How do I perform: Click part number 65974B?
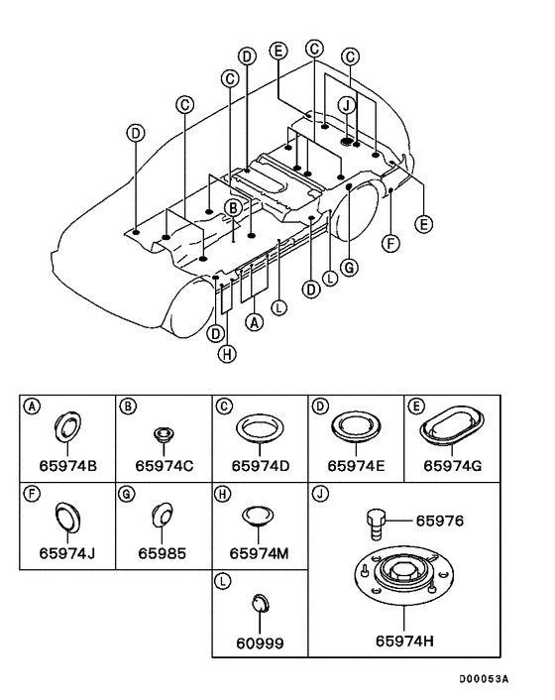point(67,466)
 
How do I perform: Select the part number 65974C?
point(165,466)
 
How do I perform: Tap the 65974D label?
point(260,466)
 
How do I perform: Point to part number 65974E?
point(356,466)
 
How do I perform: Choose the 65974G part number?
point(452,466)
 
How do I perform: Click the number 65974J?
point(67,553)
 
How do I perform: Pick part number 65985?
point(162,553)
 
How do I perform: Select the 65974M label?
point(260,553)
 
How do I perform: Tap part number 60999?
point(260,643)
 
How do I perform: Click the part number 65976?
point(440,521)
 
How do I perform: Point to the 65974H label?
point(404,642)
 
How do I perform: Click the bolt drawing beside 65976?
point(376,525)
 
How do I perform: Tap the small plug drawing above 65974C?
point(164,433)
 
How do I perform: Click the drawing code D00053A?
point(484,679)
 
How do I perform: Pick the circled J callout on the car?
point(346,106)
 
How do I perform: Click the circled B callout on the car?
point(233,208)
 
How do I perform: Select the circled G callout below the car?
point(349,268)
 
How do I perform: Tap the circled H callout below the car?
point(227,355)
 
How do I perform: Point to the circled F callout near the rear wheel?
point(390,244)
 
